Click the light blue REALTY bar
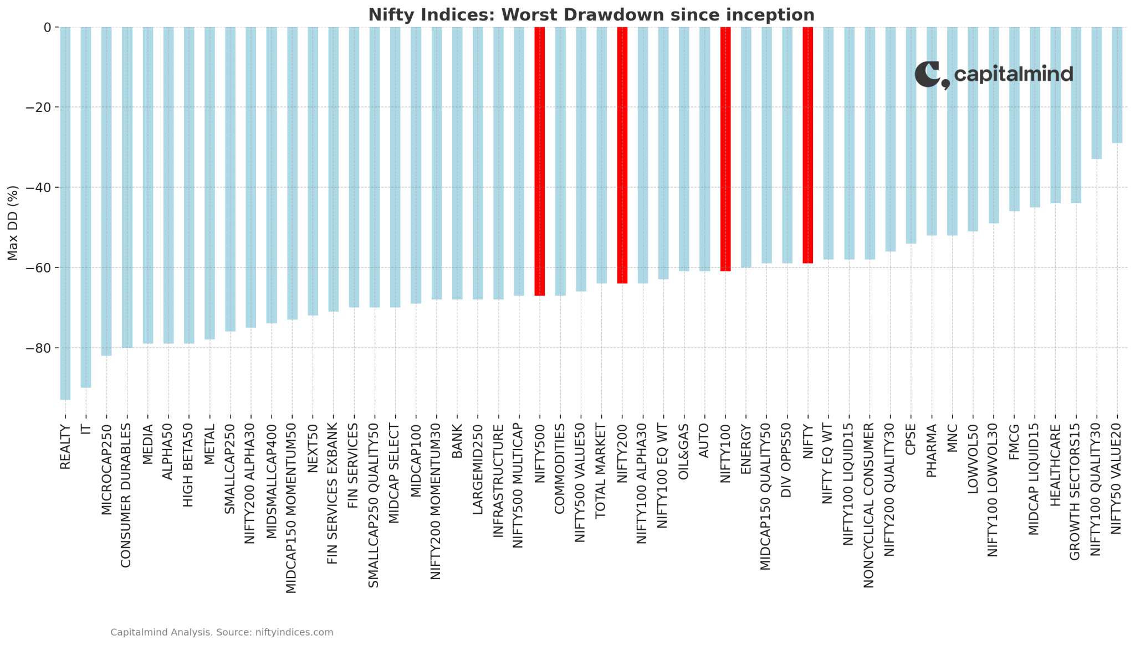(x=65, y=213)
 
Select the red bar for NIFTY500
(x=540, y=161)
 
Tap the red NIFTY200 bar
(x=622, y=155)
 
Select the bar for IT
(x=86, y=207)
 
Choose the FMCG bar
(x=1014, y=119)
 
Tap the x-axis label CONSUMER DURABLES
(x=126, y=495)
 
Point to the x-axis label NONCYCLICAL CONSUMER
(x=869, y=505)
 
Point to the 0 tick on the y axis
(x=47, y=27)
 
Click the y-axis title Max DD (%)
(x=13, y=223)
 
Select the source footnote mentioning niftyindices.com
(x=222, y=632)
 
